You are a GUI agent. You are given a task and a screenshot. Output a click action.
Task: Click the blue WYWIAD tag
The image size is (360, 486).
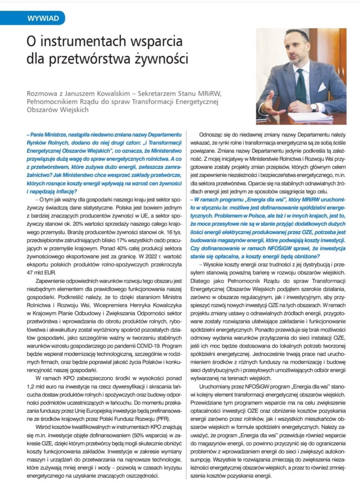pyautogui.click(x=43, y=18)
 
